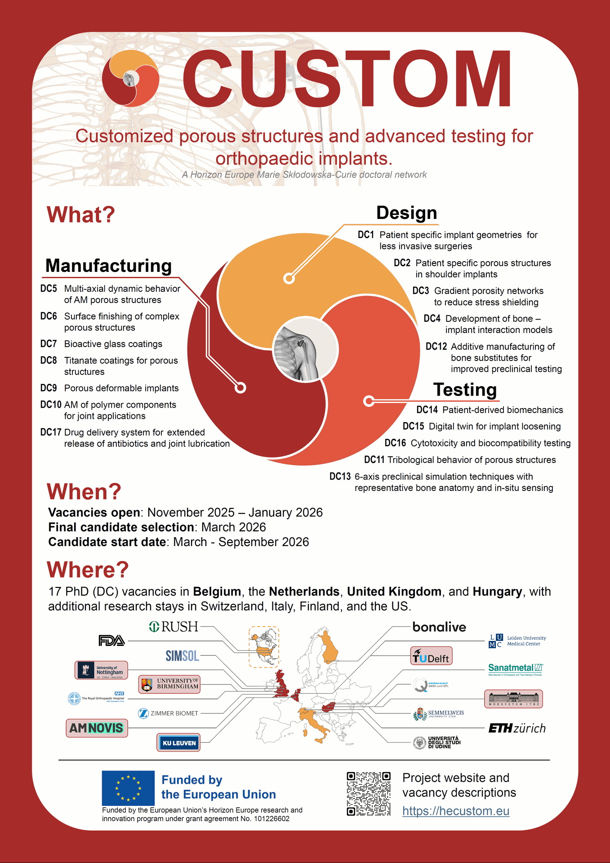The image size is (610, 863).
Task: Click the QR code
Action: coord(369,794)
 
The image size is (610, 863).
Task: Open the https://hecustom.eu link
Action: coord(456,811)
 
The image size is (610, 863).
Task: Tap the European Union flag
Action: coord(128,788)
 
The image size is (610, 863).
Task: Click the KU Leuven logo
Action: coord(178,743)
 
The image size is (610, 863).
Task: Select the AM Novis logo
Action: coord(97,728)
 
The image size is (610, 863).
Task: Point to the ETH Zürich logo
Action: coord(517,728)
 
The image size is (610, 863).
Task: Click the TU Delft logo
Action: coord(432,656)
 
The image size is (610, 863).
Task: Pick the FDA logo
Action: coord(111,641)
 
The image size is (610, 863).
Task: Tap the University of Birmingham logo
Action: coord(169,684)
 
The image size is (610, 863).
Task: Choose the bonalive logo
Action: coord(439,627)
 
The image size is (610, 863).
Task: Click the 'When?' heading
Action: coord(84,491)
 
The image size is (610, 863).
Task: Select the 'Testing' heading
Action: coord(465,390)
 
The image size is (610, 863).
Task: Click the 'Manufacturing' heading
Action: coord(109,266)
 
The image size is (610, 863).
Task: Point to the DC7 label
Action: coord(49,344)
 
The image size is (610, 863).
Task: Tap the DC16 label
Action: coord(395,443)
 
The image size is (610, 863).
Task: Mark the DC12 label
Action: coord(436,347)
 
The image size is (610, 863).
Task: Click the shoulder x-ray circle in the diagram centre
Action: coord(305,348)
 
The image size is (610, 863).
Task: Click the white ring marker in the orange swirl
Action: coord(289,279)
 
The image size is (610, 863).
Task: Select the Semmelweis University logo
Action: coord(439,714)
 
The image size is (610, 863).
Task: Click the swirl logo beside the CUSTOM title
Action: coord(130,79)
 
